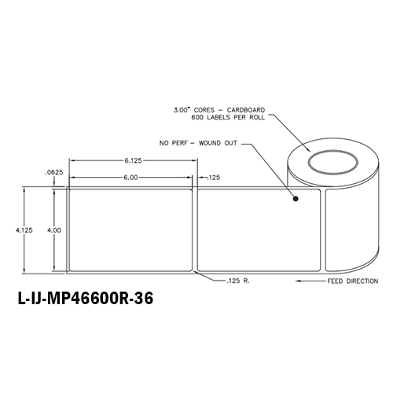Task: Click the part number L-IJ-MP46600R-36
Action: point(84,299)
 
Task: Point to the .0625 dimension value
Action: point(55,171)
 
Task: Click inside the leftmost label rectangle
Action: point(131,230)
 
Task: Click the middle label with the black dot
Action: point(259,230)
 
